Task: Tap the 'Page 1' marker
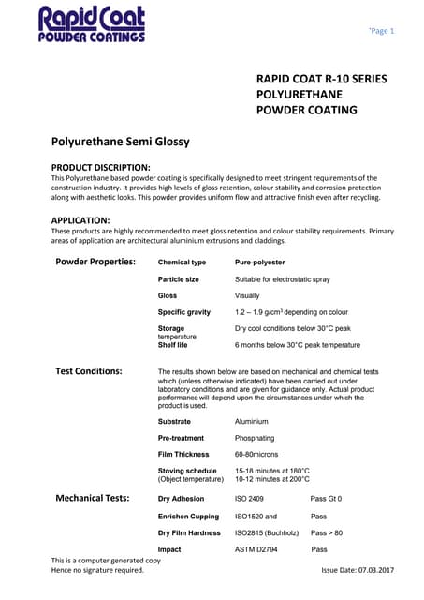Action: pos(382,31)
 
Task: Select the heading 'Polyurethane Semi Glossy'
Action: pos(120,142)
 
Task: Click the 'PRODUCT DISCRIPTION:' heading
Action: pos(100,167)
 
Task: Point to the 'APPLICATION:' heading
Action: pos(82,220)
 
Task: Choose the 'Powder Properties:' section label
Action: pos(95,262)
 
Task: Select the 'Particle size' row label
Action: pos(178,279)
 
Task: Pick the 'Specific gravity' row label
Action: pos(184,312)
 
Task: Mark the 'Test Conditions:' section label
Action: pos(89,371)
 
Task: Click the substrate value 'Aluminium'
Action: pos(252,422)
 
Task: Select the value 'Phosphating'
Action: pos(255,438)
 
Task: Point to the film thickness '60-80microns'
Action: pos(258,454)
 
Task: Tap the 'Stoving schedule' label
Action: pos(187,470)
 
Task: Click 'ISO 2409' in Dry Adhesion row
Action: pos(250,499)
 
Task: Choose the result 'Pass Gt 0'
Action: pos(326,499)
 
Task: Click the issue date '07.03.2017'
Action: pos(372,570)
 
